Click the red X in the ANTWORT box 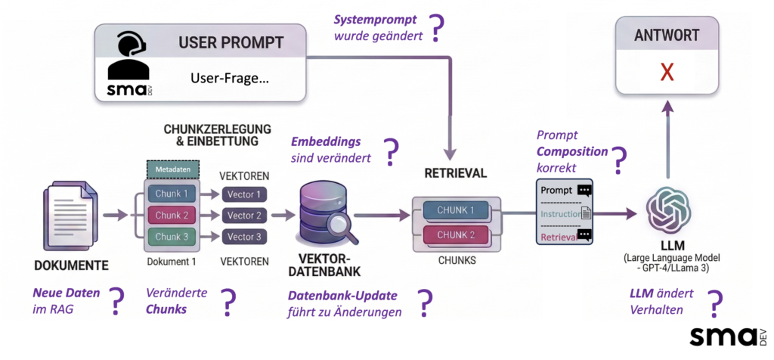click(x=667, y=72)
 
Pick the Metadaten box click(x=172, y=170)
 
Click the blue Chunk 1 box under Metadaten click(x=171, y=194)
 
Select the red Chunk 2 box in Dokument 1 click(x=171, y=216)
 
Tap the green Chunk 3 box click(x=171, y=237)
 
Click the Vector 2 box click(x=245, y=216)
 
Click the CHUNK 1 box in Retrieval click(x=456, y=210)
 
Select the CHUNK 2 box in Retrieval click(x=456, y=234)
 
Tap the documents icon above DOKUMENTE click(x=70, y=216)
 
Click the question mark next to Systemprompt click(x=437, y=29)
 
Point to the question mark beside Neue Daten click(x=116, y=302)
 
